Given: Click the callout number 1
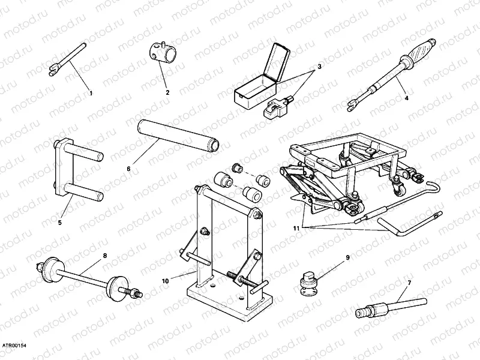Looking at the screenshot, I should [91, 93].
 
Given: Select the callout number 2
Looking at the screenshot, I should [167, 92].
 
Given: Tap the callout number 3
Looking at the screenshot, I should [320, 66].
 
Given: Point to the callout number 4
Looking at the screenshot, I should [406, 98].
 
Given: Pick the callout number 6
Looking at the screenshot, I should [128, 169].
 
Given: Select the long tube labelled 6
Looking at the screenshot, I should [178, 134].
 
